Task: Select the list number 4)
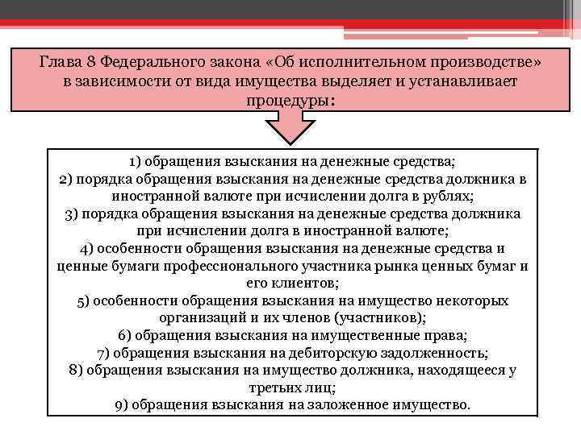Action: (90, 248)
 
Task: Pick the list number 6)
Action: (126, 336)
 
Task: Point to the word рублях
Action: (451, 196)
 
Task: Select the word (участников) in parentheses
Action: (369, 318)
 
